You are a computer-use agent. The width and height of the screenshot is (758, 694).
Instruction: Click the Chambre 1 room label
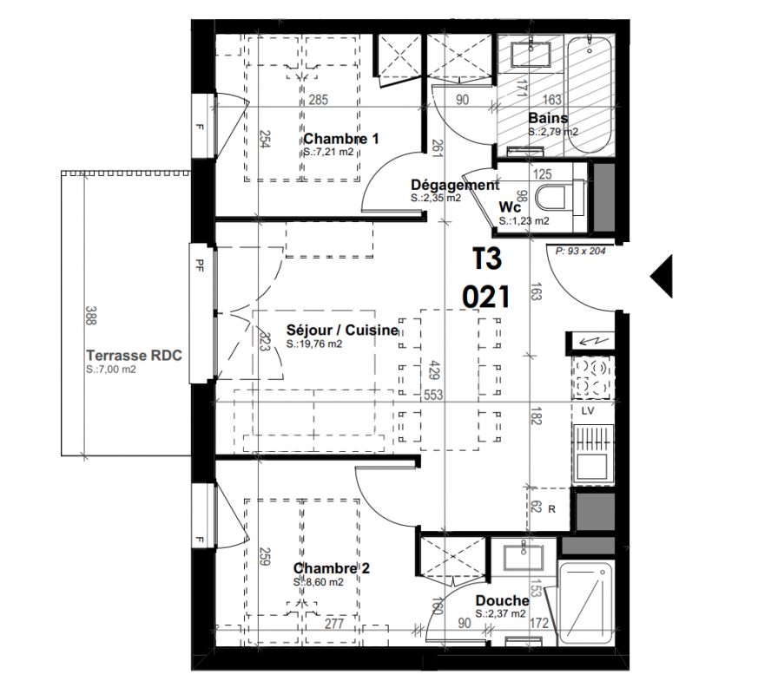tap(341, 139)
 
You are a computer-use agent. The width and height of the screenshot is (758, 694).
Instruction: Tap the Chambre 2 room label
tap(331, 568)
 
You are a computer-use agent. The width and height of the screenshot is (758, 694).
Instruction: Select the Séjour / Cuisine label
tap(342, 331)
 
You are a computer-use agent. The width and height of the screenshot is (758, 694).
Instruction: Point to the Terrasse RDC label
tap(134, 356)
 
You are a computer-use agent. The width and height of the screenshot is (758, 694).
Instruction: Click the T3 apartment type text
tap(487, 259)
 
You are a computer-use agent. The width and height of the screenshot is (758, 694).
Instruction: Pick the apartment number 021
tap(486, 296)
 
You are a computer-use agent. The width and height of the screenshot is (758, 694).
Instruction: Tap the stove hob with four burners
tap(593, 378)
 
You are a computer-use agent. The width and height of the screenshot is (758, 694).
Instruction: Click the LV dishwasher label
tap(587, 411)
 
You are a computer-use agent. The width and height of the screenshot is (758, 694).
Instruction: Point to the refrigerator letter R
tap(551, 509)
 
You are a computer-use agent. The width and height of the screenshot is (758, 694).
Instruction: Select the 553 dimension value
tap(433, 395)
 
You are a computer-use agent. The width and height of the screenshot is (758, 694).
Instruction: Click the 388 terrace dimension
tap(91, 315)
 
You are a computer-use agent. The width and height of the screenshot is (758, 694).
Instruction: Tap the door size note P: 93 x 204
tap(580, 251)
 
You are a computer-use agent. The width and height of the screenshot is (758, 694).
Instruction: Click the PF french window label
tap(199, 265)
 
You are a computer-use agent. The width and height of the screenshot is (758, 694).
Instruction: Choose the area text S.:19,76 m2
tap(314, 344)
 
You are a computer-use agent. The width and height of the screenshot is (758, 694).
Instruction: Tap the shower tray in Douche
tap(586, 603)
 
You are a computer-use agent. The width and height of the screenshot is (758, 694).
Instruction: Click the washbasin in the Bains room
tap(531, 54)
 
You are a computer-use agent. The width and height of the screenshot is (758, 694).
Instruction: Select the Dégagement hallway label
tap(455, 185)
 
